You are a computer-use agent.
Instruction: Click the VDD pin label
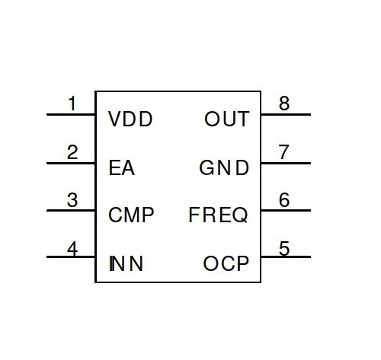pyautogui.click(x=130, y=119)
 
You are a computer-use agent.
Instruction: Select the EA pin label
pyautogui.click(x=121, y=167)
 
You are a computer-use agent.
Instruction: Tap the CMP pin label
pyautogui.click(x=131, y=215)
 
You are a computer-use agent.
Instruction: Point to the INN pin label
pyautogui.click(x=126, y=263)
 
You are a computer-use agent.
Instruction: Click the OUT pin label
pyautogui.click(x=227, y=119)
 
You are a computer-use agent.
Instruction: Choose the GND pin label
pyautogui.click(x=224, y=167)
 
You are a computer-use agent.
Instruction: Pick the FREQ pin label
pyautogui.click(x=218, y=215)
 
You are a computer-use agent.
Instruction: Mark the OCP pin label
pyautogui.click(x=226, y=263)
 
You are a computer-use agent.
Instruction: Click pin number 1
pyautogui.click(x=72, y=104)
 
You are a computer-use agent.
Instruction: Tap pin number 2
pyautogui.click(x=72, y=152)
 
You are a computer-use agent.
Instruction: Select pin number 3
pyautogui.click(x=72, y=200)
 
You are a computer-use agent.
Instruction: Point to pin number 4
pyautogui.click(x=72, y=249)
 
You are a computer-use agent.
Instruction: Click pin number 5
pyautogui.click(x=284, y=248)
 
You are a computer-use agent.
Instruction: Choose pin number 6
pyautogui.click(x=284, y=199)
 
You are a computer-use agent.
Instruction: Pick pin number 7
pyautogui.click(x=284, y=151)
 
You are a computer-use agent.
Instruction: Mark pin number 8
pyautogui.click(x=284, y=104)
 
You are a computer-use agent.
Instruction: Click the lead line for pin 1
pyautogui.click(x=71, y=115)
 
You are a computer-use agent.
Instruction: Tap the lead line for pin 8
pyautogui.click(x=286, y=115)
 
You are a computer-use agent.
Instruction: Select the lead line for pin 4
pyautogui.click(x=71, y=257)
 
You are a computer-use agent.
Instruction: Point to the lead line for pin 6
pyautogui.click(x=286, y=210)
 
